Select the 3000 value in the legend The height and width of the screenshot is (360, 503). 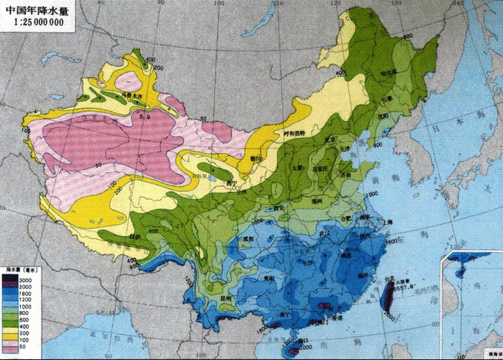click(24, 279)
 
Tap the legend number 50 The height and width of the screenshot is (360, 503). click(22, 348)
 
